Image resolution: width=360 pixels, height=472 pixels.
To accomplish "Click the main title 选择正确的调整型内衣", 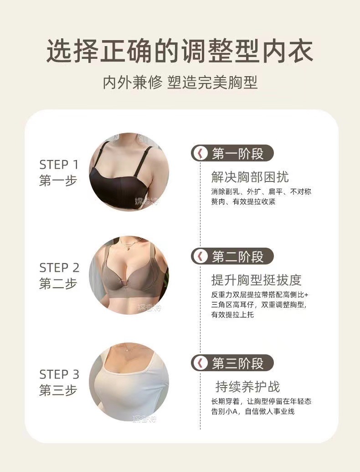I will pos(180,51).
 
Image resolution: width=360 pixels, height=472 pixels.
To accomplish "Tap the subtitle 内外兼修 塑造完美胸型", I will pos(180,83).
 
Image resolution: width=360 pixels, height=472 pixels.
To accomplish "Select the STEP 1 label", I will pos(59,165).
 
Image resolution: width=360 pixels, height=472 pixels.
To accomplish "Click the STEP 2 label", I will pos(59,268).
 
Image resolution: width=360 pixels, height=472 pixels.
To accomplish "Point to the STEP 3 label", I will pos(59,375).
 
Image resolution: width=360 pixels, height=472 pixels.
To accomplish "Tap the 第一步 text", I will pos(58,181).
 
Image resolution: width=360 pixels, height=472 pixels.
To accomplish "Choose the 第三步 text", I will pos(58,391).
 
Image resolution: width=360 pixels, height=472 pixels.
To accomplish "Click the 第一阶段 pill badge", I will pos(232,153).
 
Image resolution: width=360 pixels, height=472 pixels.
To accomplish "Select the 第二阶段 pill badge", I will pos(232,256).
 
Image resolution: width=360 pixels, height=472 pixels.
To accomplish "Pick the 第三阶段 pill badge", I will pos(232,363).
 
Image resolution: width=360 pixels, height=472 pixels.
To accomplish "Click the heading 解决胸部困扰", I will pos(250,177).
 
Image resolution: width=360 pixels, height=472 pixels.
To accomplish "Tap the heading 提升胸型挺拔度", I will pos(256,280).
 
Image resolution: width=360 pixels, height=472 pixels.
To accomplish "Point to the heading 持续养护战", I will pos(247,387).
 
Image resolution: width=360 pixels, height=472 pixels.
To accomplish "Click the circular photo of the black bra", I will pos(129,172).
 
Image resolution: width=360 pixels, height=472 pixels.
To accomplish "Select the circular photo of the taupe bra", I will pos(129,275).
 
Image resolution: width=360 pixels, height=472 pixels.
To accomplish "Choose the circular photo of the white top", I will pos(129,382).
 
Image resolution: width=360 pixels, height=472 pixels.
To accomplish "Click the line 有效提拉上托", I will pos(232,315).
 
